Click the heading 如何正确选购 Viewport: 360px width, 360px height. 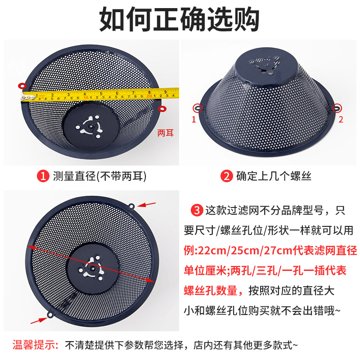pos(179,19)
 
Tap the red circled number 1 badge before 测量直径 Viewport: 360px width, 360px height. pos(43,176)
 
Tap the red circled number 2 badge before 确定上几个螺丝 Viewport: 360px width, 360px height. pos(227,176)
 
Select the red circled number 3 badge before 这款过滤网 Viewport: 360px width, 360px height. pos(197,210)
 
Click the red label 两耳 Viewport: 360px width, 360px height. pos(165,133)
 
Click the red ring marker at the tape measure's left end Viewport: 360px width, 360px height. pos(22,86)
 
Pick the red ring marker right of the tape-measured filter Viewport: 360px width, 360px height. pos(162,108)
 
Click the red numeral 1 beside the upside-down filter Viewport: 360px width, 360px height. pos(194,119)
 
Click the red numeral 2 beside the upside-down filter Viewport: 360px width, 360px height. pos(341,119)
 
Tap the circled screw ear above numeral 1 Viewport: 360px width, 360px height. pos(198,108)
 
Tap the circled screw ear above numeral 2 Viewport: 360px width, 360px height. pos(337,108)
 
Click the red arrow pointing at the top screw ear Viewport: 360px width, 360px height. pos(147,204)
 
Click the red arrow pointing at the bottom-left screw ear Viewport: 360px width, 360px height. pos(39,320)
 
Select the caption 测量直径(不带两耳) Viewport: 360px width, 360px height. pos(99,176)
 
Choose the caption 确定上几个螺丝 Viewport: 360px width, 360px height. pos(274,176)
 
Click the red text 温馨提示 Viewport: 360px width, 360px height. pos(35,345)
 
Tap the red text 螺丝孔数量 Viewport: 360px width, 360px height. pos(210,291)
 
